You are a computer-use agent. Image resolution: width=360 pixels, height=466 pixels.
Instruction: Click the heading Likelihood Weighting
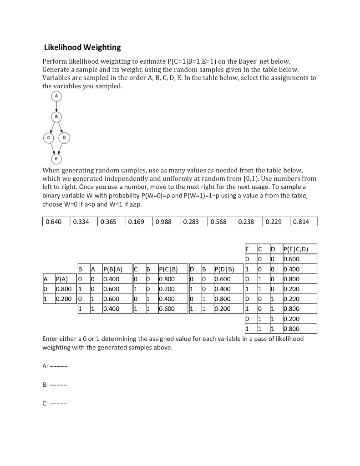[x=82, y=47]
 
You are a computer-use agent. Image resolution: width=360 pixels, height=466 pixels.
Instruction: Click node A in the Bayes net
[x=56, y=96]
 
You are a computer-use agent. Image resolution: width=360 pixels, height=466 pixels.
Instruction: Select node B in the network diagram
[x=56, y=117]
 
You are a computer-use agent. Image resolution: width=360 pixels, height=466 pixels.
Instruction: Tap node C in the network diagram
[x=47, y=137]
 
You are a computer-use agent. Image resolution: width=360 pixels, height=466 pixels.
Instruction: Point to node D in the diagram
[x=65, y=137]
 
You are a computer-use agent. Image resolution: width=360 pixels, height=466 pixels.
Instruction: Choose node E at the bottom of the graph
[x=56, y=158]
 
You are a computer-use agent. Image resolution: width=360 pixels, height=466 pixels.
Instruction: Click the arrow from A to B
[x=56, y=106]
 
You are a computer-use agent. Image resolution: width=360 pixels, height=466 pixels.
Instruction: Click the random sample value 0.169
[x=137, y=222]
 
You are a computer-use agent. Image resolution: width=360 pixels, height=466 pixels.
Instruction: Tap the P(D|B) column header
[x=225, y=269]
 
